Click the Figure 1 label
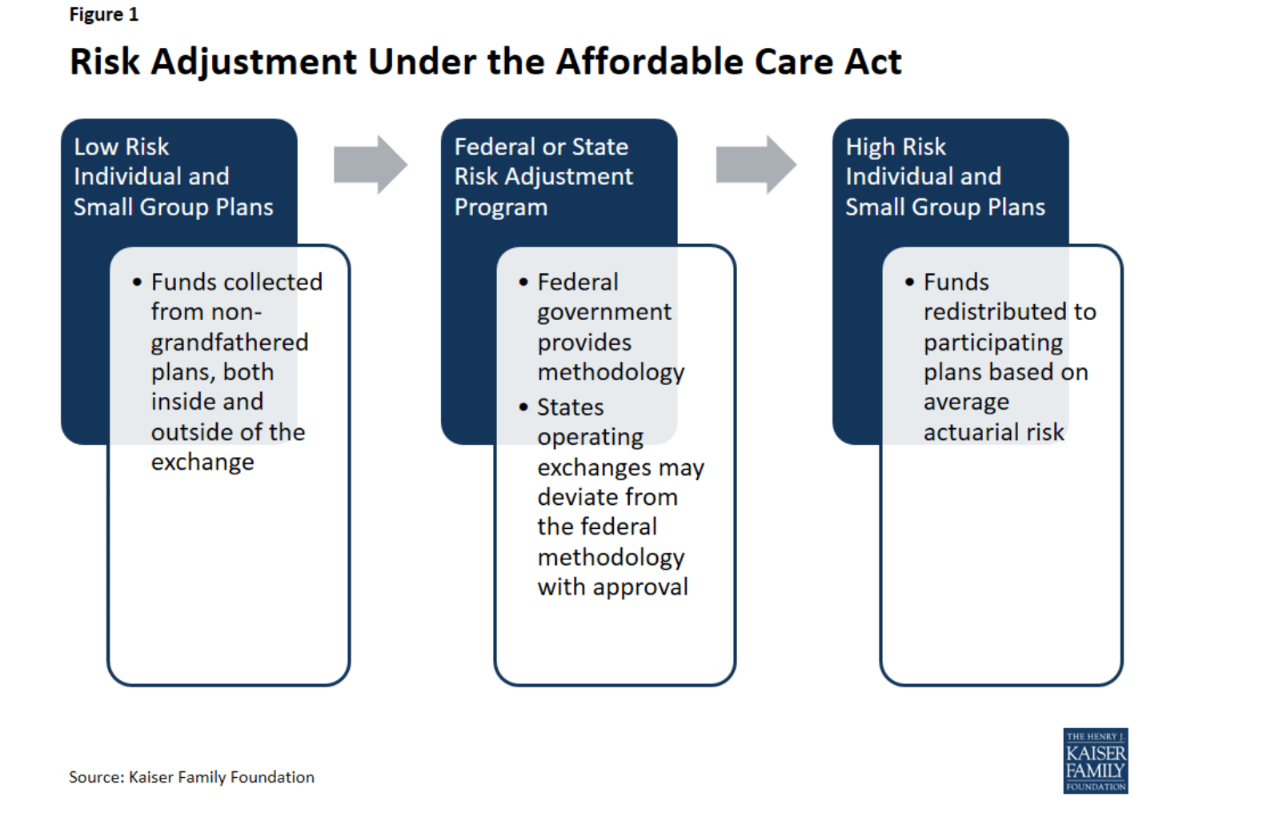pos(104,14)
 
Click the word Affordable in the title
pos(649,62)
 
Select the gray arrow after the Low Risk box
pos(371,165)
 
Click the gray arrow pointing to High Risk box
pos(756,165)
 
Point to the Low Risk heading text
pos(122,147)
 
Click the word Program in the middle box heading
pos(501,208)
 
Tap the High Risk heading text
pos(896,147)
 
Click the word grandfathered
pos(230,342)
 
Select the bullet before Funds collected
pos(137,282)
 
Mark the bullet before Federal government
pos(523,282)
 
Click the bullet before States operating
pos(523,406)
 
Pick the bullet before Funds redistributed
pos(909,282)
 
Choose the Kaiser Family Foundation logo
pos(1095,761)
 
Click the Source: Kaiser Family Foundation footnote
pos(192,777)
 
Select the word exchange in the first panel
pos(202,463)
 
